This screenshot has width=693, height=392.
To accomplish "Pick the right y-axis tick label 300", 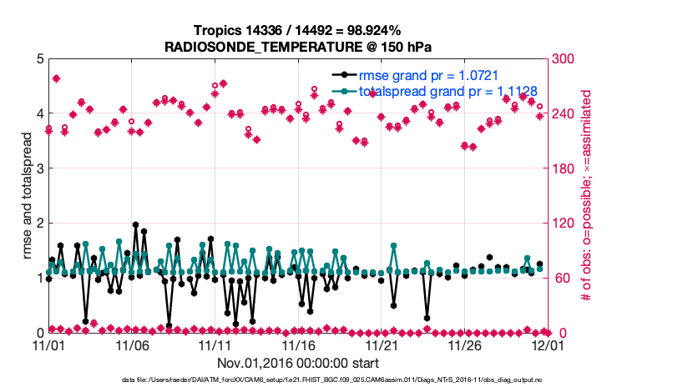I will pos(568,59).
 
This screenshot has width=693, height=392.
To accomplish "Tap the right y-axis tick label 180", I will pos(568,168).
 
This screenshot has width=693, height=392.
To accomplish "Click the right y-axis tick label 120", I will pos(568,224).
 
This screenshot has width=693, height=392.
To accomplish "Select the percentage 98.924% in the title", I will pos(363,30).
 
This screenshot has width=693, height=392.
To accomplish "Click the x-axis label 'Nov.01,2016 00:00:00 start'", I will pos(298,363).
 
